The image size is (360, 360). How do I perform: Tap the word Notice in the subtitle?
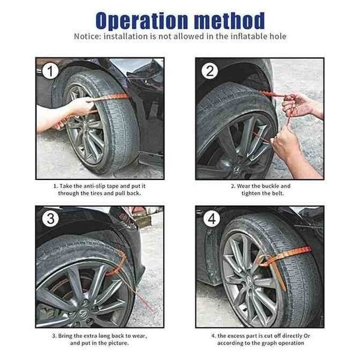coord(89,36)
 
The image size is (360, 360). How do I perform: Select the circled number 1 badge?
coord(51,72)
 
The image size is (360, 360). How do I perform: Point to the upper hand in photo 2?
coord(298,106)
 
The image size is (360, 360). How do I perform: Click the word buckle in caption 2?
coord(268,186)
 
